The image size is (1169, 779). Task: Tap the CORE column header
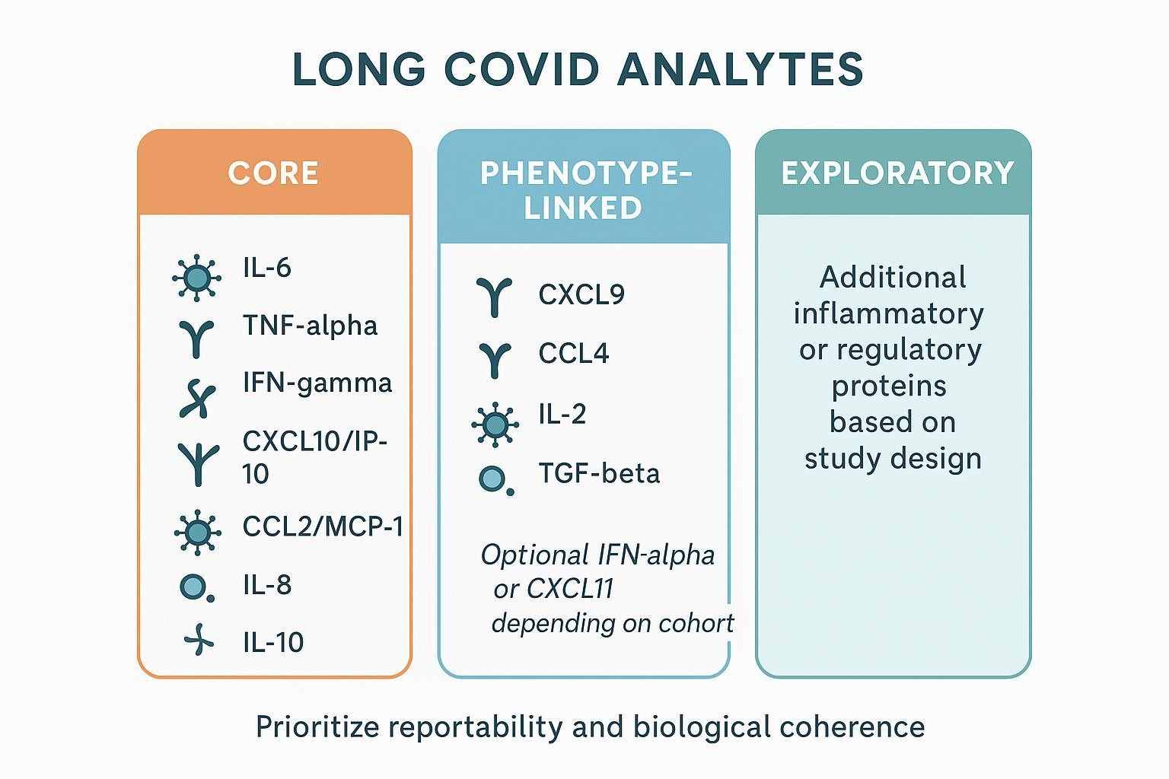(272, 173)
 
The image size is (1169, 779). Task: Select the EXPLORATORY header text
(897, 173)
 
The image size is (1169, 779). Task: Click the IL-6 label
(267, 268)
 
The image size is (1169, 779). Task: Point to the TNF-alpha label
(310, 326)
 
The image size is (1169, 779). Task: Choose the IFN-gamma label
(317, 382)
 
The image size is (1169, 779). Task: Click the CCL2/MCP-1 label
(323, 526)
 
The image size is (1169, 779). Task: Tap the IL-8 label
(267, 585)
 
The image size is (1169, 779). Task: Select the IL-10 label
(273, 643)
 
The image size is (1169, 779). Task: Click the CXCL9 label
(581, 294)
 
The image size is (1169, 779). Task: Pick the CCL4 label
(574, 354)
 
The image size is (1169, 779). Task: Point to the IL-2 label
(562, 415)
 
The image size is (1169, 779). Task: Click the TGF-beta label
(599, 473)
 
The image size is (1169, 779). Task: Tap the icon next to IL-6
(197, 278)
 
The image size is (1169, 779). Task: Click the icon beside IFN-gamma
(197, 398)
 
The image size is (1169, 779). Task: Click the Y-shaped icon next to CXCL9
(495, 297)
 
